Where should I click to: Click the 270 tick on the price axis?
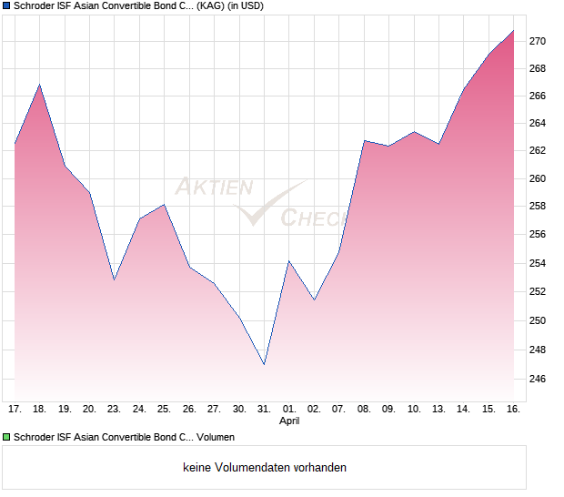tap(538, 41)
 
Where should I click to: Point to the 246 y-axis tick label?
tap(538, 379)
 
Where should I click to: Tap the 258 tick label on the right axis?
tap(538, 206)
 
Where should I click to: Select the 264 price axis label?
tap(538, 123)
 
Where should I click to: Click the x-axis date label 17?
tap(15, 410)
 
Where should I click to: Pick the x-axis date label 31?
tap(264, 410)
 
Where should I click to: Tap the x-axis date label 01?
tap(289, 410)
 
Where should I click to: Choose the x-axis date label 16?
tap(513, 410)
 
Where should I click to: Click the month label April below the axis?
tap(289, 421)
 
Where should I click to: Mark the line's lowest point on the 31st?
tap(264, 365)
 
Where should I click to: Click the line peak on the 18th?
tap(39, 85)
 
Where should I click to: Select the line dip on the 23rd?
tap(114, 279)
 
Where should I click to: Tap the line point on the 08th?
tap(364, 140)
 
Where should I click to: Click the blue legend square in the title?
tap(6, 6)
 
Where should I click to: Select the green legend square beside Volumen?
tap(6, 437)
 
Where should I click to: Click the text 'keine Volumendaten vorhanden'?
tap(265, 468)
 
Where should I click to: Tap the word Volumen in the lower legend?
tap(216, 437)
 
